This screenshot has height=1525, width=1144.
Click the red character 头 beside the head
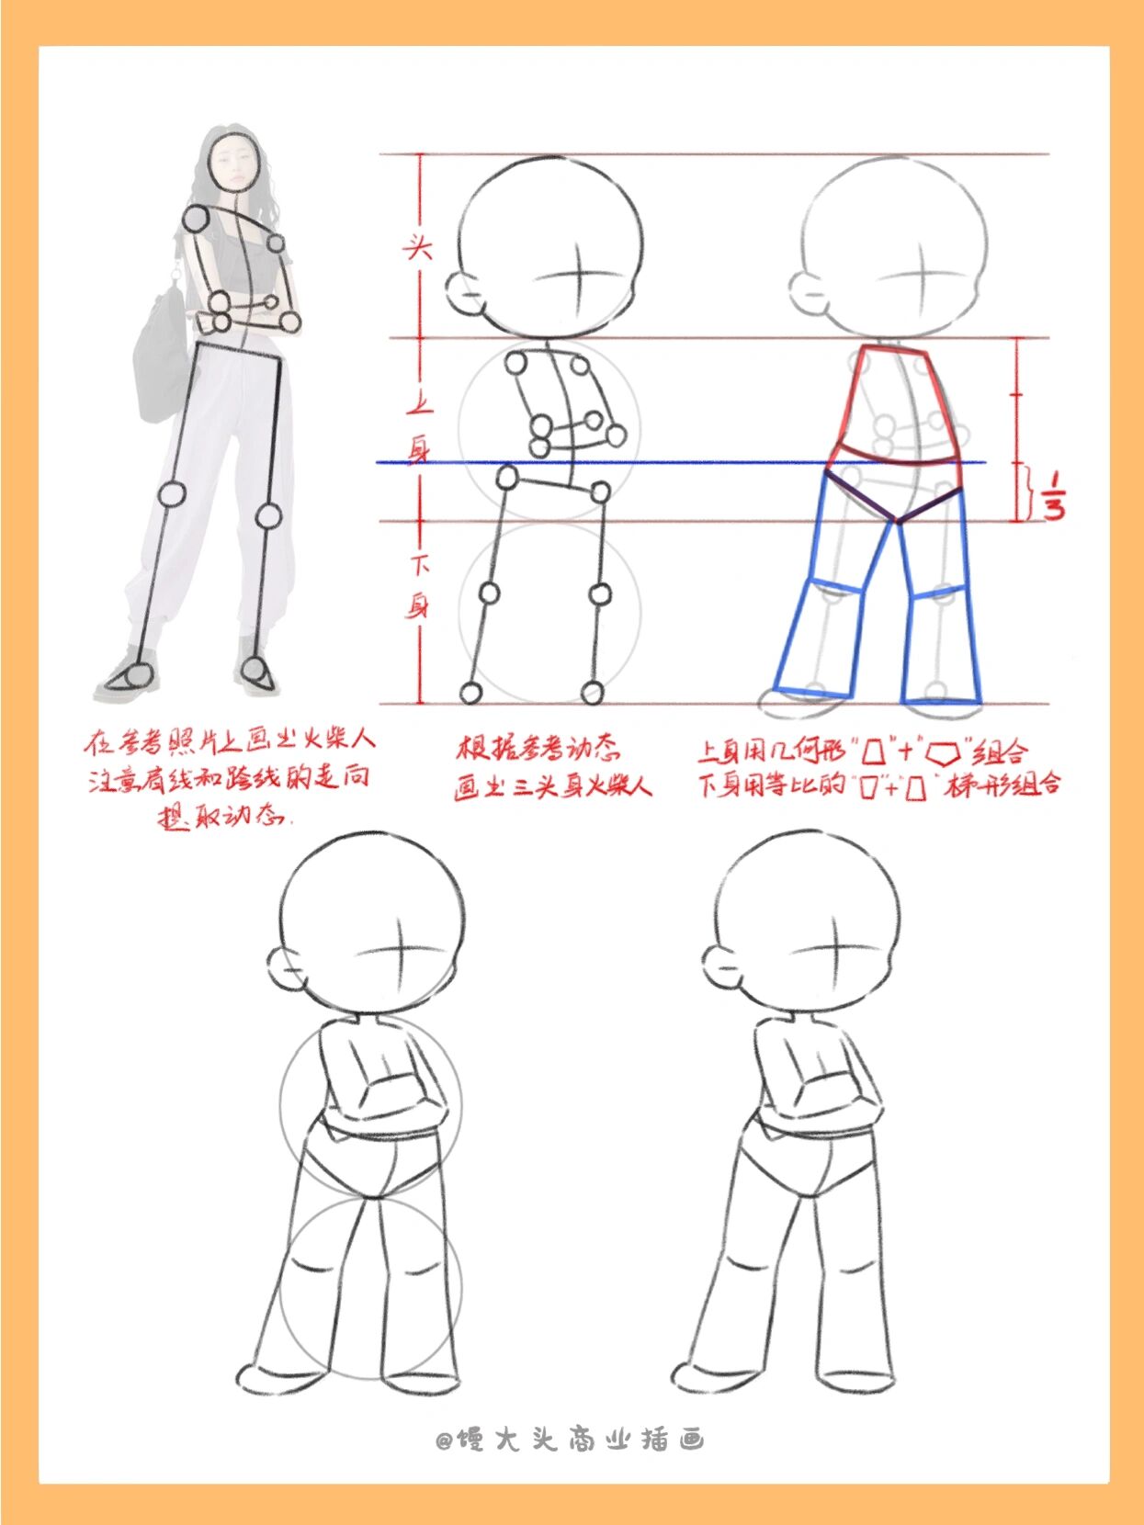click(418, 246)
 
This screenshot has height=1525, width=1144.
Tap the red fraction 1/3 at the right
click(1053, 496)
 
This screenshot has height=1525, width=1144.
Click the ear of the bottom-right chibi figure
click(722, 969)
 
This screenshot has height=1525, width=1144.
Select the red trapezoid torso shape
click(896, 404)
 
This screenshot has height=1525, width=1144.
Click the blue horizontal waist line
click(680, 462)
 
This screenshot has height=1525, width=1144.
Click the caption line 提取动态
click(224, 816)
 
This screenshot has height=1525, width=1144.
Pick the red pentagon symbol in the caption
click(943, 754)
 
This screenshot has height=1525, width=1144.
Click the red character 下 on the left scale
click(419, 564)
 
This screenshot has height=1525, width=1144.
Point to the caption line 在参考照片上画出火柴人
click(230, 740)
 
